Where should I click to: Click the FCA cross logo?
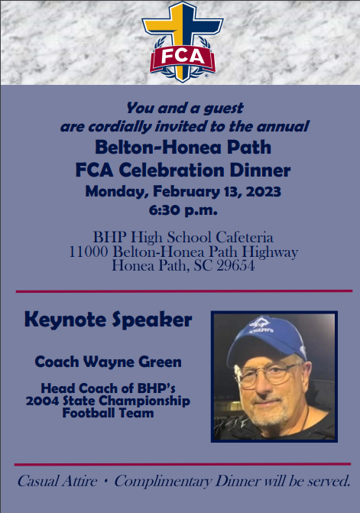[x=183, y=41]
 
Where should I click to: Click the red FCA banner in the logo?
[x=183, y=58]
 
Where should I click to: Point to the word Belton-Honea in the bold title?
[x=158, y=148]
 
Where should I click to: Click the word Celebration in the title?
[x=172, y=170]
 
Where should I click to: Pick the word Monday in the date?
[x=115, y=192]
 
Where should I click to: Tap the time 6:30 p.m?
[x=183, y=209]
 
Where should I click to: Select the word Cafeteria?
[x=245, y=237]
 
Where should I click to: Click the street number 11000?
[x=89, y=252]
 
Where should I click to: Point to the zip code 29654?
[x=235, y=265]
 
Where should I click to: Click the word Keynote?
[x=66, y=320]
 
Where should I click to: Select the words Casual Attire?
[x=57, y=481]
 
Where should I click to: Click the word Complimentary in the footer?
[x=163, y=482]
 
